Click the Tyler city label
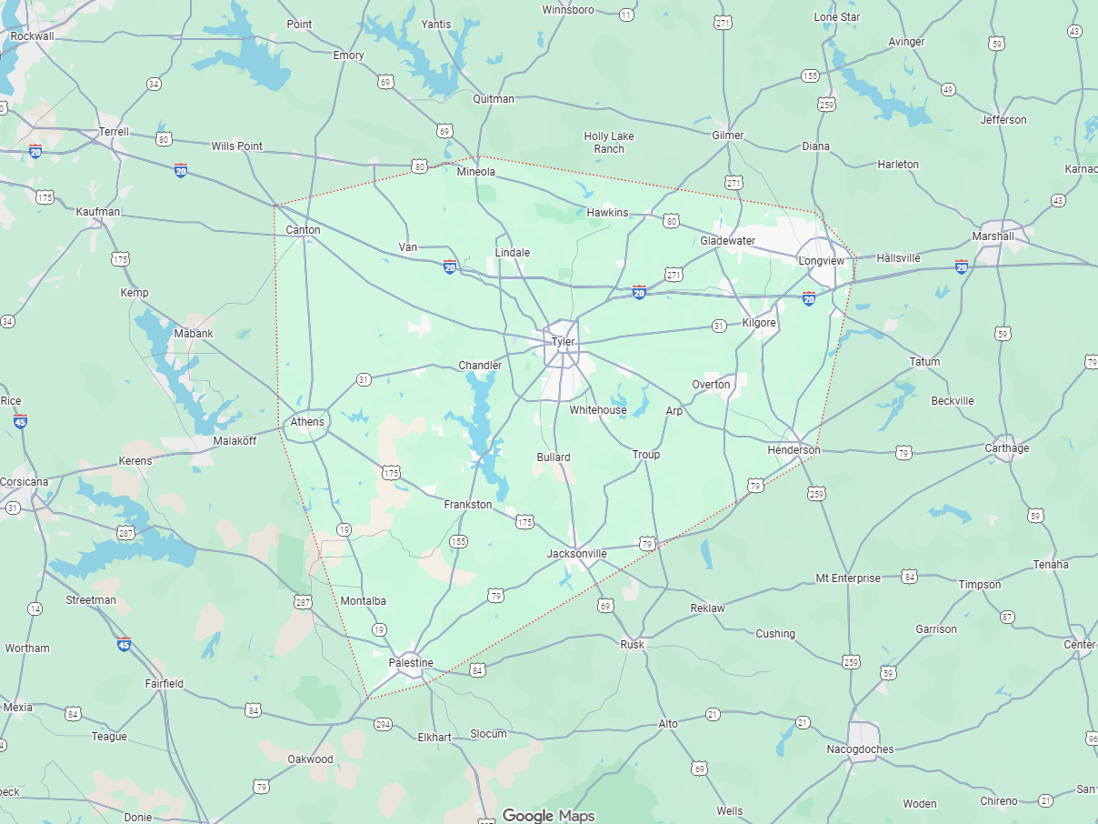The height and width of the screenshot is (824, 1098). tap(564, 342)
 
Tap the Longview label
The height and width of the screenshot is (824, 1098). tap(821, 261)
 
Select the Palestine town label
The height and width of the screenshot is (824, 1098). tap(411, 663)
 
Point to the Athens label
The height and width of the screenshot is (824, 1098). tap(307, 422)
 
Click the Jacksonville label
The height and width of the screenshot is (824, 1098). tap(576, 554)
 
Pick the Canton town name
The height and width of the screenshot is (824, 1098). tap(303, 230)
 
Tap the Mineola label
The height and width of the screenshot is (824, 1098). tap(476, 172)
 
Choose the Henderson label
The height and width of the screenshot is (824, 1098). tap(794, 450)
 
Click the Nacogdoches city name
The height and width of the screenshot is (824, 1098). tap(860, 749)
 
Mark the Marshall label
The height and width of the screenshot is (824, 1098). tap(993, 236)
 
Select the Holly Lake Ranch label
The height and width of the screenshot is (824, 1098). tap(609, 143)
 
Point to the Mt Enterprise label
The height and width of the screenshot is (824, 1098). tap(848, 578)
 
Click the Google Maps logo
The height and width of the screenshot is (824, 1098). tap(549, 816)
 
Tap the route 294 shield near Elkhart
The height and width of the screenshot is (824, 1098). tap(384, 724)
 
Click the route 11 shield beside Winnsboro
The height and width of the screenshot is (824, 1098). tap(626, 15)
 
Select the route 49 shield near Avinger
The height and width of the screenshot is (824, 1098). tap(948, 89)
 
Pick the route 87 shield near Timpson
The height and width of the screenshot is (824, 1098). tap(1007, 617)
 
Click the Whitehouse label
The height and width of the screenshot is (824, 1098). tap(598, 410)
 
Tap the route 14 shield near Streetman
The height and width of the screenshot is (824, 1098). tap(35, 608)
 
